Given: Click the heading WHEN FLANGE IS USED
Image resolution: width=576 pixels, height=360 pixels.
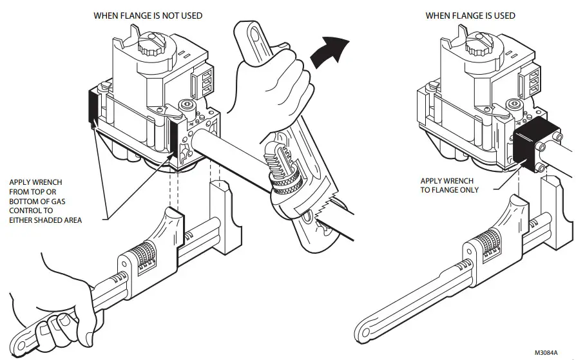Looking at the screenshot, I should [470, 15].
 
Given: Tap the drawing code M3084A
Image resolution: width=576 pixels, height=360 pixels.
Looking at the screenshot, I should [547, 352].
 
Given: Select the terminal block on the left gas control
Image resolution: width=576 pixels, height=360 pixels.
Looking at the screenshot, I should [204, 81].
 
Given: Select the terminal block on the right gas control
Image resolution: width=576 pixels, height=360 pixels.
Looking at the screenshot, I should [534, 81].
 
